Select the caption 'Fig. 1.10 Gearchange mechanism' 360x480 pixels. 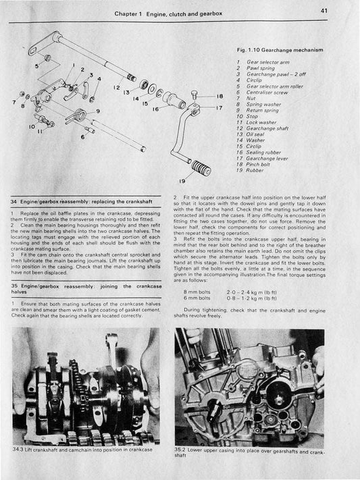[280, 50]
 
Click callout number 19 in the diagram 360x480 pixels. [181, 182]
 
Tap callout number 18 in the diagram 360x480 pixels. [220, 97]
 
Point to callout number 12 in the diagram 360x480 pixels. [117, 88]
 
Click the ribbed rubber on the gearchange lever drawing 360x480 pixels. [201, 167]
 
